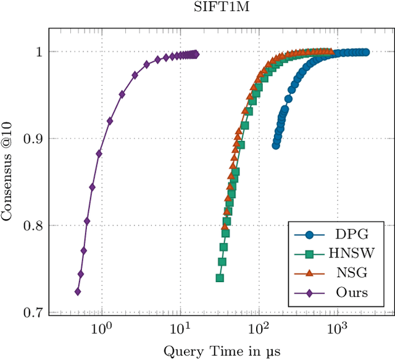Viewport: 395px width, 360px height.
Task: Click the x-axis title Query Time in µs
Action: coord(222,351)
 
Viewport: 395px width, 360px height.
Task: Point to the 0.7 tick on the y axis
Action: coord(34,312)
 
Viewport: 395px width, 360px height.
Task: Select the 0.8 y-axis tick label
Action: coord(34,226)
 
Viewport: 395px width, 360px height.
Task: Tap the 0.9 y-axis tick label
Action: coord(34,139)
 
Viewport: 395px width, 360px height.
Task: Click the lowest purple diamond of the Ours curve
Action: coord(78,291)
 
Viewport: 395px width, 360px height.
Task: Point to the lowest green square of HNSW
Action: coord(220,278)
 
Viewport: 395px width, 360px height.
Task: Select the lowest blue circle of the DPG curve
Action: coord(276,146)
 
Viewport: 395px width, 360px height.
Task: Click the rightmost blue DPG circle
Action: coord(365,52)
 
